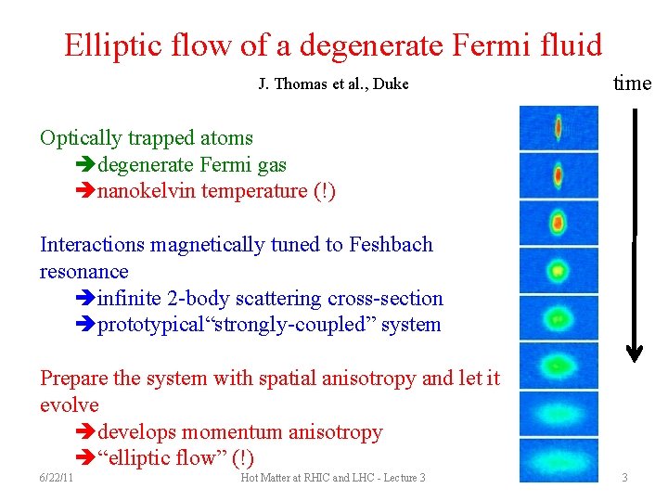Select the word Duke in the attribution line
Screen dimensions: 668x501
392,84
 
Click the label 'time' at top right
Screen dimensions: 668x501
633,83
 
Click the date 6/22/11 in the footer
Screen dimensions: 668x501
58,478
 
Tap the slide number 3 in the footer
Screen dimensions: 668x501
624,478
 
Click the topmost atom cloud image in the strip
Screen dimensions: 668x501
559,127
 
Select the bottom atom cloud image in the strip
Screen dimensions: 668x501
559,460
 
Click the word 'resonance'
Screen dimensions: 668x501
84,272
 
